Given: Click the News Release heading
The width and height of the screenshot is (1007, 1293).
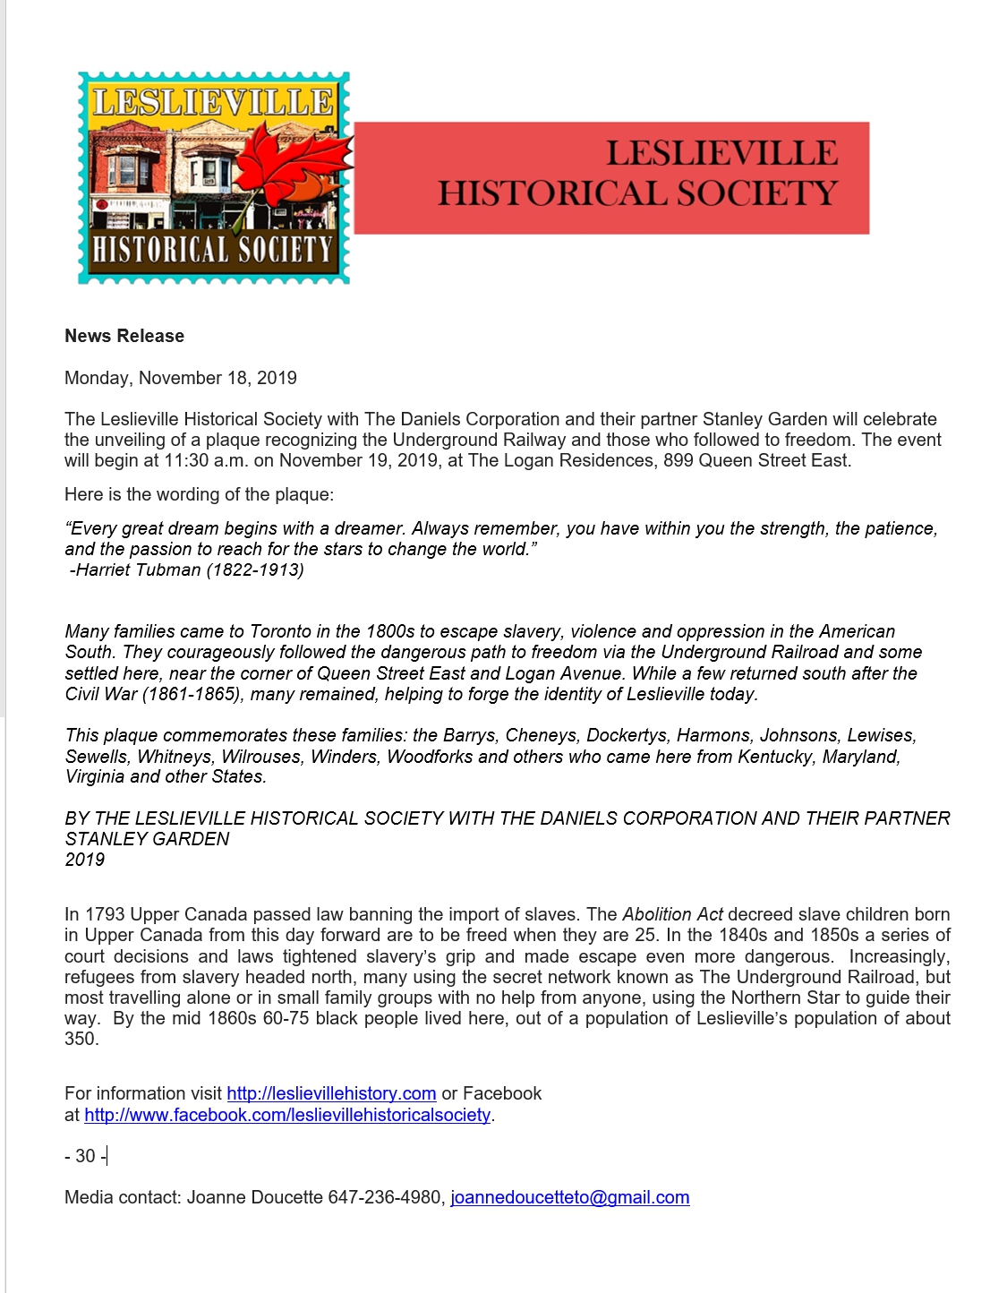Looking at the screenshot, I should coord(124,336).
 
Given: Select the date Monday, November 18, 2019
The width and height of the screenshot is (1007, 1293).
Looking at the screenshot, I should coord(181,378).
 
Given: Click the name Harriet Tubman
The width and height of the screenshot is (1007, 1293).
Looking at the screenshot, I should coord(139,570).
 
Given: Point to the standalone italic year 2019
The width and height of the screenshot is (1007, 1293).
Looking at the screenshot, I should coord(85,860).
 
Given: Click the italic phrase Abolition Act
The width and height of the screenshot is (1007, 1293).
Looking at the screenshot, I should coord(672,914).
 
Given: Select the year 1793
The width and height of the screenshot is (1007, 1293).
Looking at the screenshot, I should coord(105,914).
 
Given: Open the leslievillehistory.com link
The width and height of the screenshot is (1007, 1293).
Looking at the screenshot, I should coord(331,1093).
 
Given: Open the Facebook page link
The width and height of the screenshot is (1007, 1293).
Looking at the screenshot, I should coord(287,1115).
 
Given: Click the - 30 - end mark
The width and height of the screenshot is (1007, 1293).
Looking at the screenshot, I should coord(85,1156).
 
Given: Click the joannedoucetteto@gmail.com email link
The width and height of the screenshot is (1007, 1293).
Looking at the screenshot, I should coord(569,1198).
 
